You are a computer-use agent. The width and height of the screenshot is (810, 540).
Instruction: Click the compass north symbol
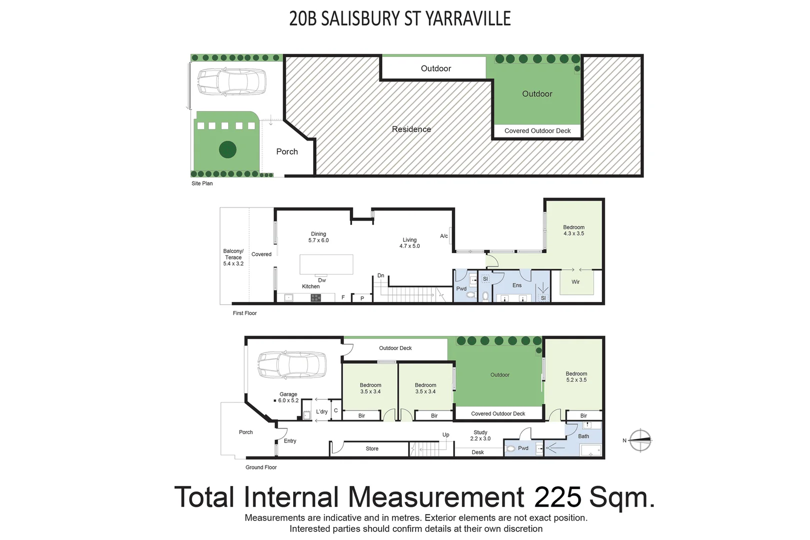coord(640,440)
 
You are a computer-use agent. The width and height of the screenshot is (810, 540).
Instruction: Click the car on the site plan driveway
coord(231,82)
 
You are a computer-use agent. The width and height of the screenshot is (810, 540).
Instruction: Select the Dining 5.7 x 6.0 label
coord(319,237)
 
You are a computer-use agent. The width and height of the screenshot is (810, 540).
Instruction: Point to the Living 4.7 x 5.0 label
coord(410,243)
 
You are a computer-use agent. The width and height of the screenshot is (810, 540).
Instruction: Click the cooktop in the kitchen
coord(316,297)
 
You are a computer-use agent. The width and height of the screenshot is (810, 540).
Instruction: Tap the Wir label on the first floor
coord(576,282)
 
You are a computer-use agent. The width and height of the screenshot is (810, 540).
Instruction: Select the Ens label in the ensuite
coord(517,285)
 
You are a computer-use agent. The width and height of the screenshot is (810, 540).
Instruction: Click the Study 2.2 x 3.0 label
coord(480,435)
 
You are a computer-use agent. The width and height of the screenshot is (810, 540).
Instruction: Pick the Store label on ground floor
coord(372,448)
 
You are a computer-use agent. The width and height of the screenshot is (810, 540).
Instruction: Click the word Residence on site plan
coord(411,129)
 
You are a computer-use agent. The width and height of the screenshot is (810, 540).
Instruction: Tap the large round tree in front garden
coord(228,149)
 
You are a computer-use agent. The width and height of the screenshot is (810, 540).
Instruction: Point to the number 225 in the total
coord(558,497)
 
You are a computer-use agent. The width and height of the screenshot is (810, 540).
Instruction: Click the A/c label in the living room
coord(444,236)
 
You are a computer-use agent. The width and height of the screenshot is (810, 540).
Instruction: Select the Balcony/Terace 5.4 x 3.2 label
coord(233,257)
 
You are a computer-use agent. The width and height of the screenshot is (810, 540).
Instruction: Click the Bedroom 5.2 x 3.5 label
coord(576,376)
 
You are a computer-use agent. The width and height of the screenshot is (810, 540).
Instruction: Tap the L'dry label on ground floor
coord(322,411)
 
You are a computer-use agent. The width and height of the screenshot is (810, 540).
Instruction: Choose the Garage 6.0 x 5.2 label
coord(288,397)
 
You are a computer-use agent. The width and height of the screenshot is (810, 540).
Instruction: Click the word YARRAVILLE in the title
coord(468,19)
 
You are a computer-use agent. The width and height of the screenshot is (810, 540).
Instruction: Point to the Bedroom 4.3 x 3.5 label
coord(574,230)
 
